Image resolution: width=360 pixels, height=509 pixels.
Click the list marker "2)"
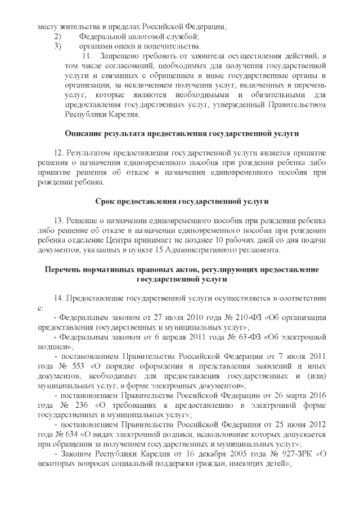pyautogui.click(x=57, y=37)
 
